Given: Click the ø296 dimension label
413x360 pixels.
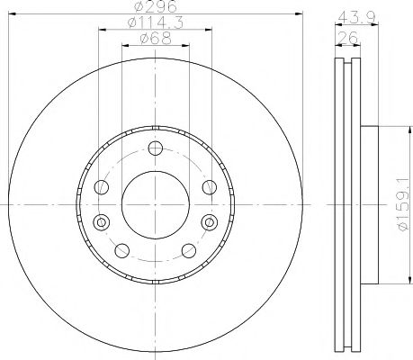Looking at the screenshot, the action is pyautogui.click(x=156, y=6).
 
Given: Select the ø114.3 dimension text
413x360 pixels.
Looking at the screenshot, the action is pyautogui.click(x=156, y=22).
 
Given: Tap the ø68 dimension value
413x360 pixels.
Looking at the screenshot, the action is pyautogui.click(x=156, y=39).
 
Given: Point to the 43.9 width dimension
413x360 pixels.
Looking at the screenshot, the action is pyautogui.click(x=356, y=17).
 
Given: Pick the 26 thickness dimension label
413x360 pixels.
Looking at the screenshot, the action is pyautogui.click(x=347, y=38).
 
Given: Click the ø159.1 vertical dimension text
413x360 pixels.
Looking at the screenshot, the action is pyautogui.click(x=404, y=204).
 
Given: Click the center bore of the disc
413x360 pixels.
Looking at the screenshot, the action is pyautogui.click(x=156, y=205).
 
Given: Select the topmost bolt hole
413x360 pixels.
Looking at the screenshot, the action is pyautogui.click(x=156, y=148).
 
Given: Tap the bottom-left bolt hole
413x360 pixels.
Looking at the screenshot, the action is pyautogui.click(x=122, y=251).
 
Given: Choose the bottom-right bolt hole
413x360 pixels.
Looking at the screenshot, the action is pyautogui.click(x=189, y=251).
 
